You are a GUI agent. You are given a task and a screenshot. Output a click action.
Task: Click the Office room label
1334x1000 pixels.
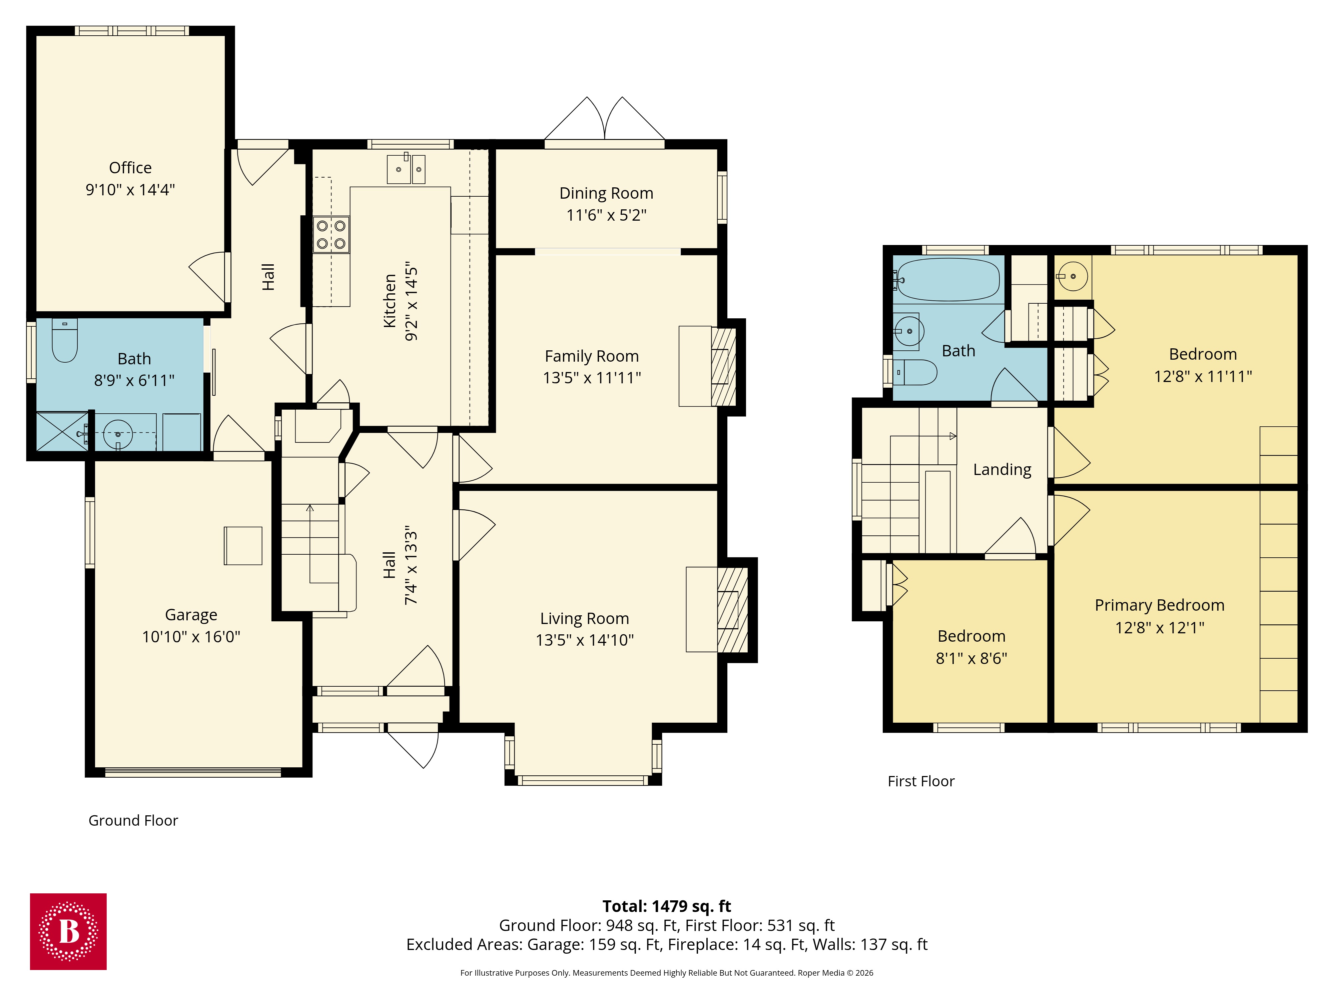(130, 168)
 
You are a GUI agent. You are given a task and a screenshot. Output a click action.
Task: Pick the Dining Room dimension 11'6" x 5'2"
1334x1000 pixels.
(606, 215)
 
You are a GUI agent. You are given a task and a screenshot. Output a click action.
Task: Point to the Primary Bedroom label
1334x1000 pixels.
(1159, 605)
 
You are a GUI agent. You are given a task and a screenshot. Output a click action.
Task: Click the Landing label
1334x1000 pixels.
(1002, 470)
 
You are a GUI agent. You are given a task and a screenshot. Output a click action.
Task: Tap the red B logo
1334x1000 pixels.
(68, 931)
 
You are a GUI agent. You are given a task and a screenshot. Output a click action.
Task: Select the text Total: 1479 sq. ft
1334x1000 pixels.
(666, 906)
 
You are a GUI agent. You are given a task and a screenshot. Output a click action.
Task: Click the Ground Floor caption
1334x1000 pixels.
(133, 820)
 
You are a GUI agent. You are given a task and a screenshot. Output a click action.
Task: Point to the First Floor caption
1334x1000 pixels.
(921, 781)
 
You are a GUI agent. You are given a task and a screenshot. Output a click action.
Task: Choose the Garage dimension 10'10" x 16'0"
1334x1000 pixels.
(191, 637)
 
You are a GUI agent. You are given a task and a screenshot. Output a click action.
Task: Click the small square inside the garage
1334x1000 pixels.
(243, 546)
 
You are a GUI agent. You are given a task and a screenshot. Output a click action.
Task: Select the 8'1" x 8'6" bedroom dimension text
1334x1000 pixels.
(971, 658)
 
